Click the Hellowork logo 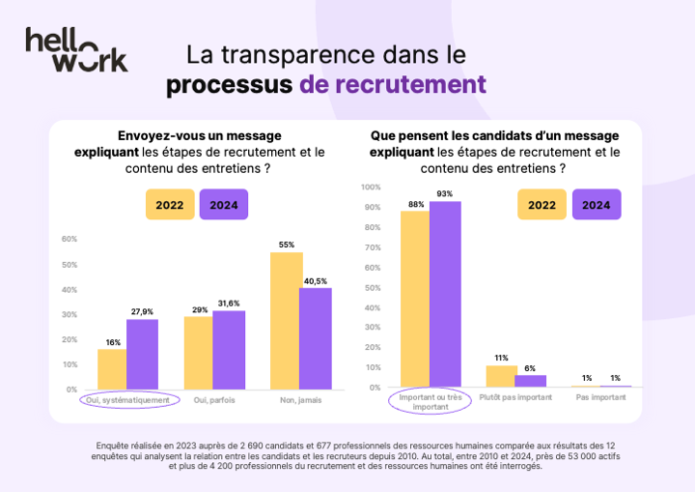[76, 49]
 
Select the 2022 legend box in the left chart [170, 204]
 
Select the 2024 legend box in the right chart [597, 204]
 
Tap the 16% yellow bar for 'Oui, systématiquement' [112, 368]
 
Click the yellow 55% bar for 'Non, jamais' [287, 320]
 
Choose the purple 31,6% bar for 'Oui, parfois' [229, 349]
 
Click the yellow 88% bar [415, 299]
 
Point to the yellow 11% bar [501, 376]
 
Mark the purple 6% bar [530, 381]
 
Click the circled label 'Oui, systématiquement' [129, 399]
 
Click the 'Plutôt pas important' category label [516, 397]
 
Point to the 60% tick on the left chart [69, 239]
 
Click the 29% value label [199, 309]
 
